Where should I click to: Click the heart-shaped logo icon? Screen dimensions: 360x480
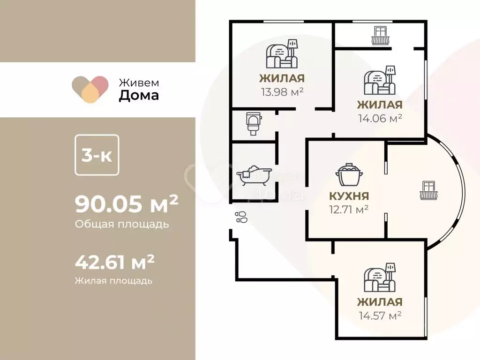[x=90, y=89]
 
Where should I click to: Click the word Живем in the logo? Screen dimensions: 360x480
[x=138, y=82]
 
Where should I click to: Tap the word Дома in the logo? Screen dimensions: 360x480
[x=138, y=96]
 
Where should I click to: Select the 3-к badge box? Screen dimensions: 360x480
[x=97, y=155]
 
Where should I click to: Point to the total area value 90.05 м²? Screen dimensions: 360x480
[x=127, y=205]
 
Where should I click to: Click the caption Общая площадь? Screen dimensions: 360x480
[x=121, y=224]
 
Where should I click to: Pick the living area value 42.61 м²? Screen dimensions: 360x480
[x=115, y=262]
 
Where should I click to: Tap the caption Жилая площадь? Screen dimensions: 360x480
[x=113, y=281]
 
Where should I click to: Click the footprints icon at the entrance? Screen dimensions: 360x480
[x=241, y=217]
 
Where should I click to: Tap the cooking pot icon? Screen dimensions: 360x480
[x=347, y=176]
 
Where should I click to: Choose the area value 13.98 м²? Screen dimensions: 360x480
[x=282, y=91]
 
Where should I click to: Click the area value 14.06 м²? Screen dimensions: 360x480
[x=380, y=118]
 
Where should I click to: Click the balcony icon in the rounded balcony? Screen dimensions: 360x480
[x=428, y=190]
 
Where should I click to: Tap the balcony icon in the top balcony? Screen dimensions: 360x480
[x=381, y=36]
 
